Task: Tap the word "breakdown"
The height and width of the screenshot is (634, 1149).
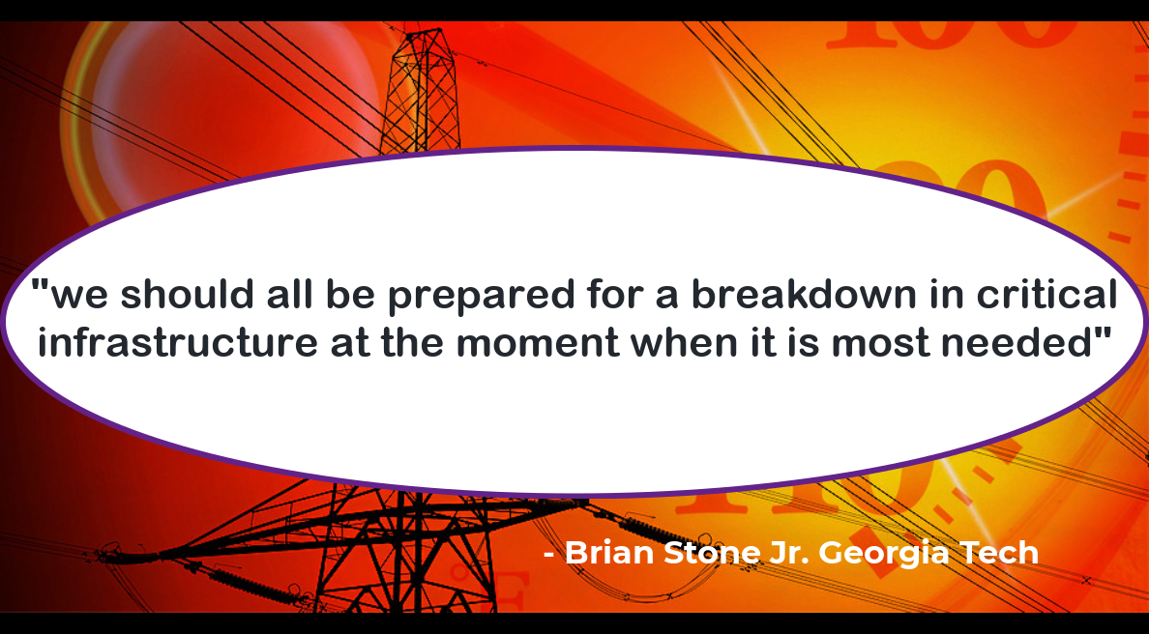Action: [x=804, y=295]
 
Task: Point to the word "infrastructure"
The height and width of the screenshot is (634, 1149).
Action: [x=178, y=343]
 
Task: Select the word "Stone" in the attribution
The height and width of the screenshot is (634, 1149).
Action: [x=712, y=552]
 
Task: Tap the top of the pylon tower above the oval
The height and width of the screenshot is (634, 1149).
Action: [x=423, y=31]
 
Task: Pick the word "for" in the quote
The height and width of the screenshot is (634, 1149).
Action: [x=614, y=295]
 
